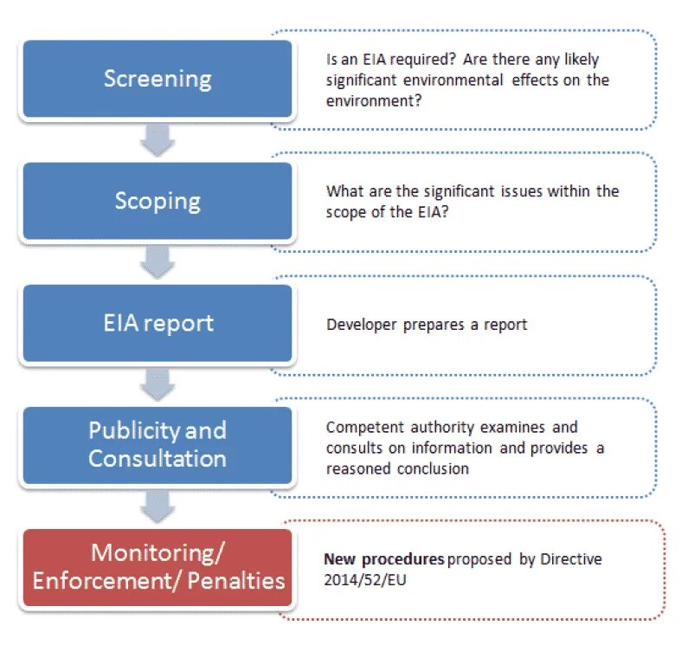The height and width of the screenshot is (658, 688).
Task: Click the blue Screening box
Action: (x=157, y=79)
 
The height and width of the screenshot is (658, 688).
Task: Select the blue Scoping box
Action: (x=157, y=201)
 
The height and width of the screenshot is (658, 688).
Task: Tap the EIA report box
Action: (x=157, y=324)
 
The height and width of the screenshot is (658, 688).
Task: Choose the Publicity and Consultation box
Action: (x=157, y=444)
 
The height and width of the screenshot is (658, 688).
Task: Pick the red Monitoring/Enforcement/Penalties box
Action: (x=157, y=566)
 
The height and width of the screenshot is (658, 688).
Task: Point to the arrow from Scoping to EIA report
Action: (x=158, y=261)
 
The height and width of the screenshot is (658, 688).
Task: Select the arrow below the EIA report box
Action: (x=158, y=383)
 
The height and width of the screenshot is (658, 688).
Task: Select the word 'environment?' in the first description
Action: (x=374, y=100)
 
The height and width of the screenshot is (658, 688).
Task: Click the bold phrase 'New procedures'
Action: (x=384, y=559)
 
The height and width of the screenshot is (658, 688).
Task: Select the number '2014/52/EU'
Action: (x=365, y=580)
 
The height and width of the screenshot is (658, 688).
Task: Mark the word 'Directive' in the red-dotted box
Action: (x=571, y=559)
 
